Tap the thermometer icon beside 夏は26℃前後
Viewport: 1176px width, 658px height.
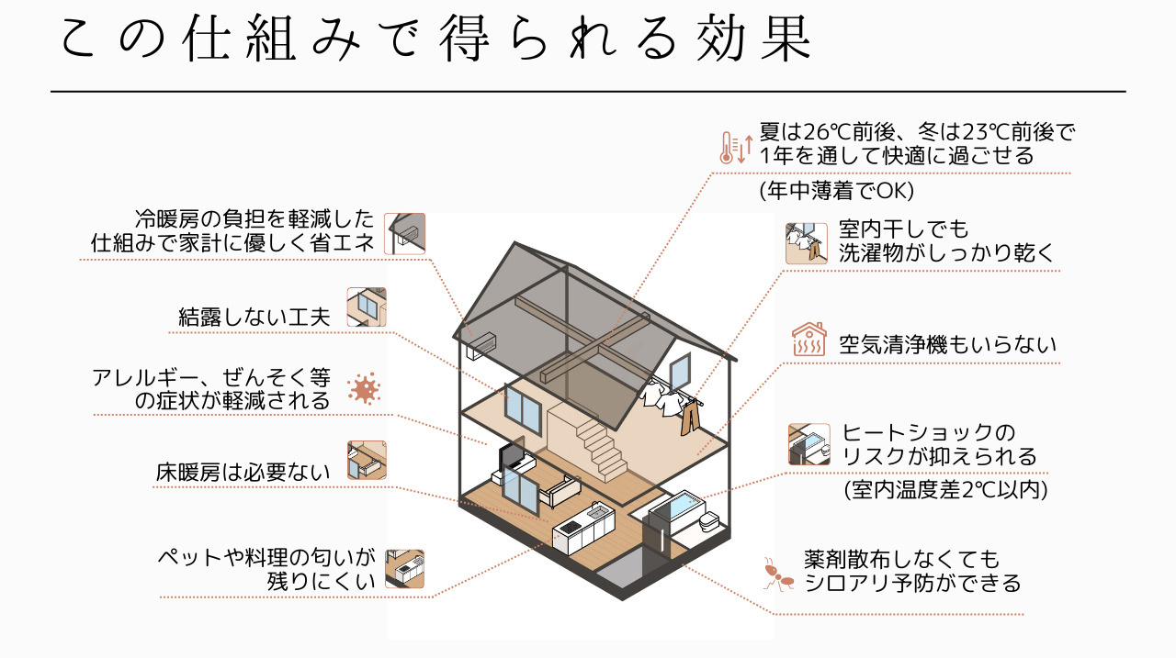(x=735, y=146)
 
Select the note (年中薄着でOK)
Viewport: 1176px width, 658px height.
(x=836, y=191)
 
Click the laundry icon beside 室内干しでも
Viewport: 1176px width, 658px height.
(x=806, y=243)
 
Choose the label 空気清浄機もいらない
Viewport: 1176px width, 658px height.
(x=947, y=344)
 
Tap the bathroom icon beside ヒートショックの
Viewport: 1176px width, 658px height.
(x=808, y=444)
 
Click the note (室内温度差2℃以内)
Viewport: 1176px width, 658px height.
(x=946, y=489)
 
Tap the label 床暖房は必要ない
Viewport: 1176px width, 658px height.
(x=243, y=473)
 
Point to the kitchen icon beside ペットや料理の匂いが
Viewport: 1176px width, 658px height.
(x=404, y=569)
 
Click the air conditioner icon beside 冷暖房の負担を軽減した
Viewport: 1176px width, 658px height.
(x=404, y=233)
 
